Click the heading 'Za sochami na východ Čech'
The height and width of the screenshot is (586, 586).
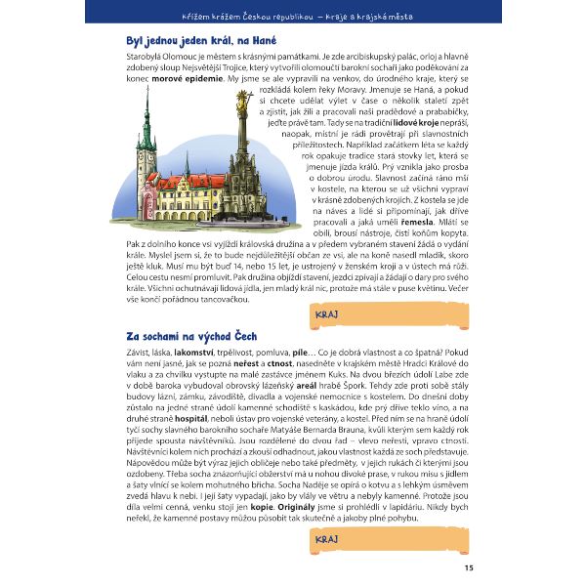[x=186, y=336]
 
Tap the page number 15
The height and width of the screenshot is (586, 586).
[x=469, y=567]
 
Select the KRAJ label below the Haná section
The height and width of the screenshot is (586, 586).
[x=327, y=314]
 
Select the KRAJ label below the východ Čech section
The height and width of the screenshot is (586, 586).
[x=327, y=539]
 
